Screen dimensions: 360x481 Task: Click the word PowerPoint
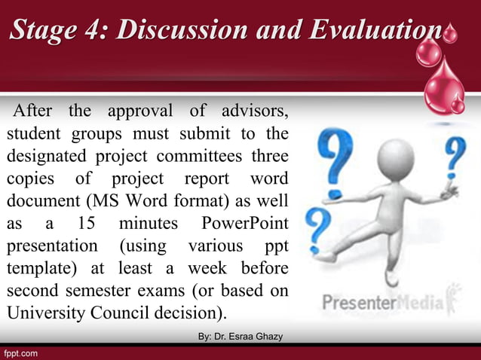[244, 224]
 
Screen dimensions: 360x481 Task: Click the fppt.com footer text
[21, 352]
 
